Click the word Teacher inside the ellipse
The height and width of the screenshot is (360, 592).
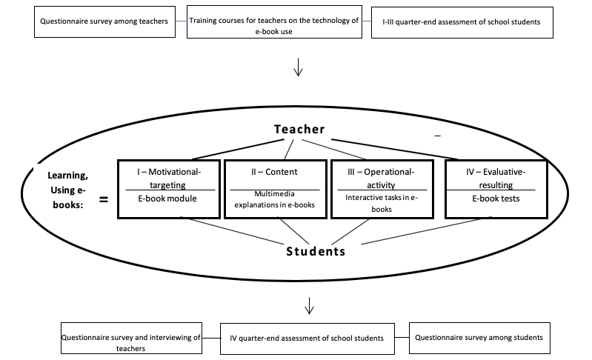coord(299,129)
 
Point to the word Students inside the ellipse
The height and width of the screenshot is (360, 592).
coord(316,251)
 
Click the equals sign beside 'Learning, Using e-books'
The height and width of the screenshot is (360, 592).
coord(104,199)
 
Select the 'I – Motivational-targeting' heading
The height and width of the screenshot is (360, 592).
coord(169,178)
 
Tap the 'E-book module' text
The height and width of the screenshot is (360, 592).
coord(167,199)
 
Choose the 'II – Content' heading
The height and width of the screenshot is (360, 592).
coord(274,172)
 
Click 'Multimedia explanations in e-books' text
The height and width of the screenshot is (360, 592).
coord(274,199)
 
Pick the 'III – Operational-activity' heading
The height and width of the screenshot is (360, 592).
coord(381,178)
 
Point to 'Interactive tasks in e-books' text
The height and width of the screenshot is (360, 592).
coord(382,203)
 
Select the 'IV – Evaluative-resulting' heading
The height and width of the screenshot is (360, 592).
coord(496,178)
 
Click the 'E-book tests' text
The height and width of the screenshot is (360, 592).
coord(496,199)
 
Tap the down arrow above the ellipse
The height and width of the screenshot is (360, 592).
coord(299,67)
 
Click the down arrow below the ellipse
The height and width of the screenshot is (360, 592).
coord(309,306)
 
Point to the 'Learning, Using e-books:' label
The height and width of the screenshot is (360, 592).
coord(68,190)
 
